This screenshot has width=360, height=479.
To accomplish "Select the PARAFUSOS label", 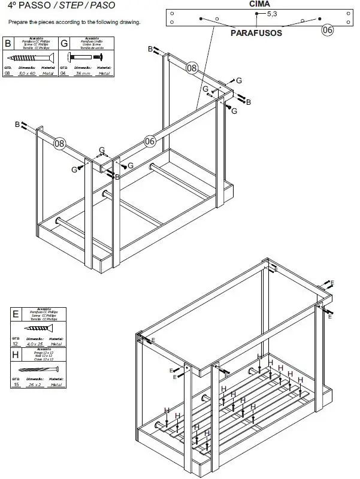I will click(256, 34).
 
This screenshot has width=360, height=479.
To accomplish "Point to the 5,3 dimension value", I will click(272, 13).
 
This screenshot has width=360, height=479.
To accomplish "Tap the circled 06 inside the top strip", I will click(327, 29).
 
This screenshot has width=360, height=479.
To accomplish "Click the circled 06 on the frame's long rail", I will click(150, 141).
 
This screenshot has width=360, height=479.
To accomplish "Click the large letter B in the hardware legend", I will click(8, 44).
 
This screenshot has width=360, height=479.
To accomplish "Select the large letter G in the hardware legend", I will click(65, 44).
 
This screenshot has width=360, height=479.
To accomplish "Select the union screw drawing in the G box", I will click(85, 56).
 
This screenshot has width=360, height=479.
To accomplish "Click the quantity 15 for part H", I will click(16, 385).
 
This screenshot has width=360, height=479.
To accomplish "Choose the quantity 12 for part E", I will click(16, 344).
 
